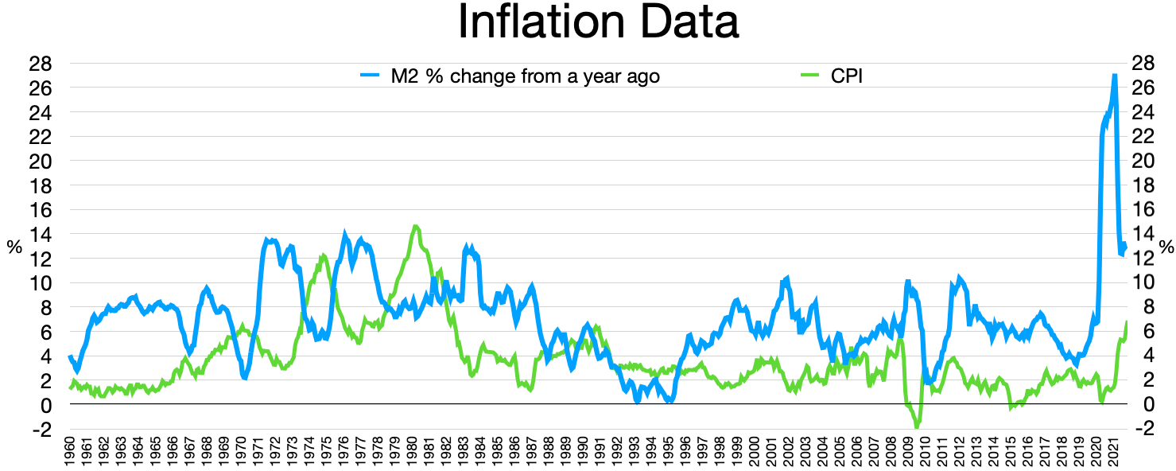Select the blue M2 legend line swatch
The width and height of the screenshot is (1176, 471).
coord(372,76)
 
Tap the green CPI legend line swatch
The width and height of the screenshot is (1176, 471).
coord(809,76)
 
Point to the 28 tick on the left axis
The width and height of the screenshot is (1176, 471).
coord(42,63)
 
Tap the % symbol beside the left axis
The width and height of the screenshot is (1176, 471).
coord(14,247)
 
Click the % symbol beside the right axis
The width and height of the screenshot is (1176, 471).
coord(1166,247)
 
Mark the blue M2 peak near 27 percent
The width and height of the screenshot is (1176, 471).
coord(1115,76)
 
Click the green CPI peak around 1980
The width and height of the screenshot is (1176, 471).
coord(416,227)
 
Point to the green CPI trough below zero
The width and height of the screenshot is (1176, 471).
coord(917,427)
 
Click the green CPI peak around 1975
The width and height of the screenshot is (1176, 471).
coord(323,256)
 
